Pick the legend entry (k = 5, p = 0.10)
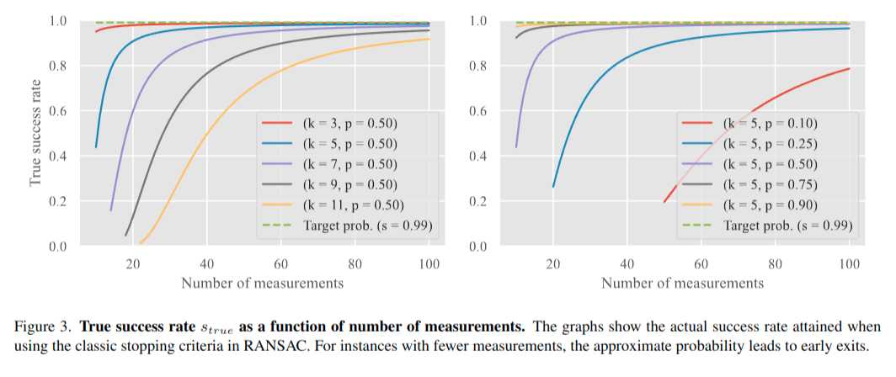point(769,122)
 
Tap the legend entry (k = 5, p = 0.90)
point(769,204)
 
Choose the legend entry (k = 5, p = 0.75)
point(769,183)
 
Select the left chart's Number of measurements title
point(262,283)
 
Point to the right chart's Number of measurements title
point(682,283)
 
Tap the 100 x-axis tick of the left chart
point(429,263)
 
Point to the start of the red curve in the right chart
point(664,202)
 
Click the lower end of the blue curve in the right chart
point(553,187)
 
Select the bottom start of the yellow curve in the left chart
point(141,242)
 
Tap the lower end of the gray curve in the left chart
point(125,236)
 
